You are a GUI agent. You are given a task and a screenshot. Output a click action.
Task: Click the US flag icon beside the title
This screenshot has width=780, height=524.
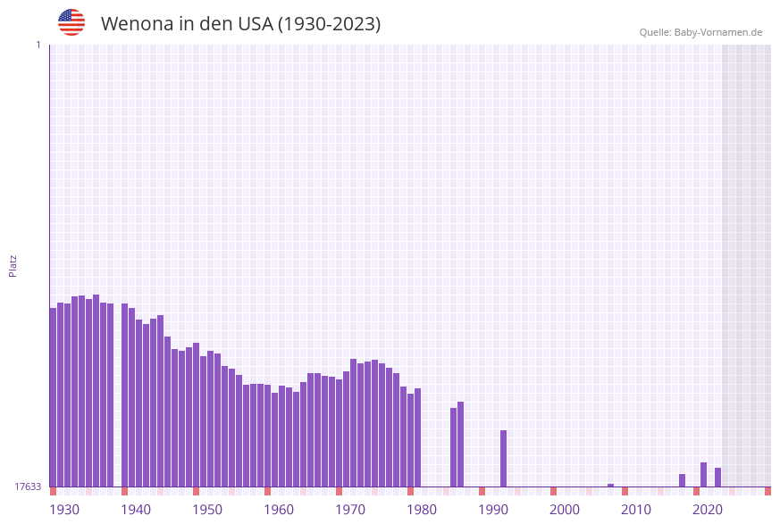click(x=71, y=22)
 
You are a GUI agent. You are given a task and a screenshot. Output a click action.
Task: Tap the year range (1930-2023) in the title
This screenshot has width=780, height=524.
click(x=329, y=24)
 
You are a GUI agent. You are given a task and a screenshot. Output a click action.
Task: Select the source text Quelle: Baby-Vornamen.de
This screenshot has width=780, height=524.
click(x=700, y=32)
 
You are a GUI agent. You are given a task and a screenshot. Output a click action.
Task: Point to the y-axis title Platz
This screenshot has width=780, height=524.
click(x=13, y=265)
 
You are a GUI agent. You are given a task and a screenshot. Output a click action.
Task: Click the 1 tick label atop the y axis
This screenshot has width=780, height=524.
click(x=38, y=45)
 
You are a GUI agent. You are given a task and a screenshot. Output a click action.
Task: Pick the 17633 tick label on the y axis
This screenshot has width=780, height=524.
click(x=28, y=487)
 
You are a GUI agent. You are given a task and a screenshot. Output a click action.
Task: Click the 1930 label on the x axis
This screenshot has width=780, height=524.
click(x=64, y=510)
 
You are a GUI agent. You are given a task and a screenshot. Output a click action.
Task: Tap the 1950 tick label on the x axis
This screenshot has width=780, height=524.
click(x=207, y=510)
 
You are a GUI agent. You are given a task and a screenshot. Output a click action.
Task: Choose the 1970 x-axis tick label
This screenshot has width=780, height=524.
click(x=350, y=510)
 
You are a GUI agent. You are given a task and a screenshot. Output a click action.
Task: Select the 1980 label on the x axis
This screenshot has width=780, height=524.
click(x=422, y=510)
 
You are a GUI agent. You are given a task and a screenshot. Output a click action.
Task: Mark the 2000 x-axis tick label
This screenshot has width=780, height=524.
click(x=565, y=510)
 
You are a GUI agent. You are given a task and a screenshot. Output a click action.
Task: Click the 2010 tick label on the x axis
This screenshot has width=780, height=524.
click(x=636, y=510)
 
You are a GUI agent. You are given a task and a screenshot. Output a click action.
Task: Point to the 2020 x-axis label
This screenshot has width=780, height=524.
click(x=708, y=510)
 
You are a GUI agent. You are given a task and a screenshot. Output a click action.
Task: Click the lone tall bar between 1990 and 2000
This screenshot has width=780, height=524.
click(x=503, y=458)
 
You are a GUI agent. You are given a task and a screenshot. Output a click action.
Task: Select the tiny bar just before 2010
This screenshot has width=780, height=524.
click(x=610, y=486)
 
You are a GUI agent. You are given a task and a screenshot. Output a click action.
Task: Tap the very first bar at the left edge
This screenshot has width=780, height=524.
click(x=53, y=397)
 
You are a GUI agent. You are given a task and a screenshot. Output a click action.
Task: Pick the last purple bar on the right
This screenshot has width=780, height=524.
click(x=717, y=477)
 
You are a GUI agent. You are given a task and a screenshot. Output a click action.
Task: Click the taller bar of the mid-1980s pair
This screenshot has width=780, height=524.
click(x=460, y=444)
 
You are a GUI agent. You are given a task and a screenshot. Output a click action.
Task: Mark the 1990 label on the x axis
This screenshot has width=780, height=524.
click(x=493, y=510)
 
